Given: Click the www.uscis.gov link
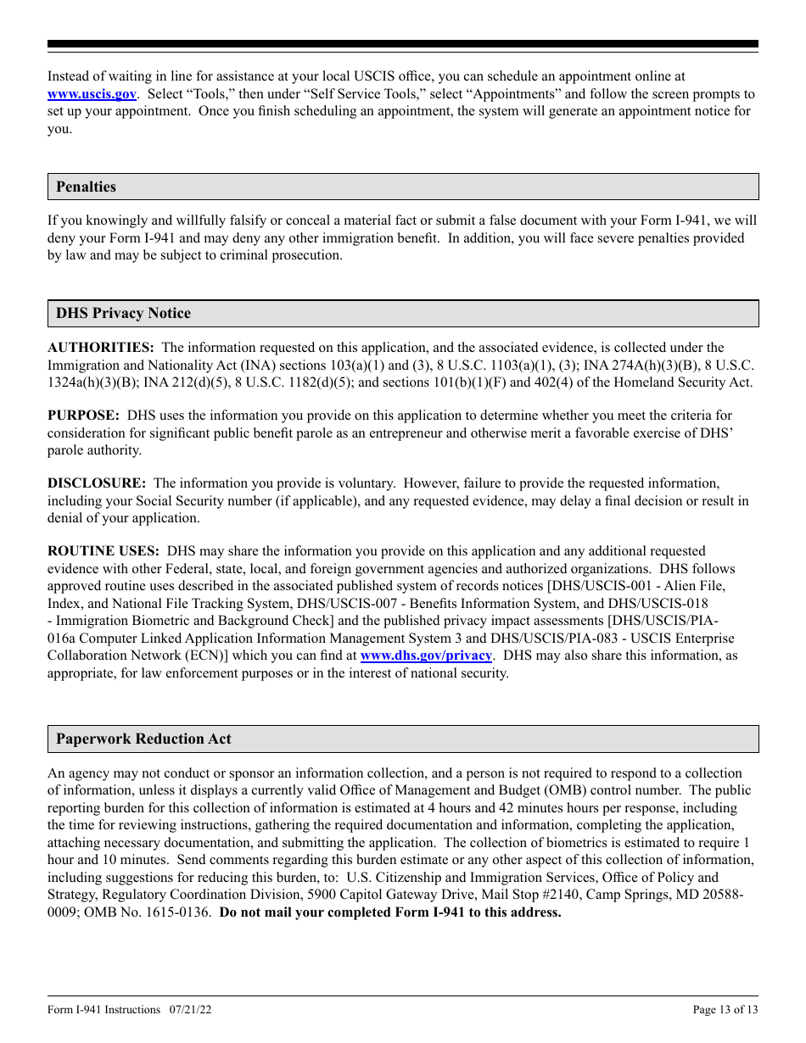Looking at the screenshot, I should pyautogui.click(x=92, y=94).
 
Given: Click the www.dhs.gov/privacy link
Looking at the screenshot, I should pyautogui.click(x=426, y=655).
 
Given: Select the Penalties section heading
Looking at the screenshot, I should pyautogui.click(x=86, y=187).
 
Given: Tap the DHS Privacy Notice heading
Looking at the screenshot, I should pyautogui.click(x=123, y=313).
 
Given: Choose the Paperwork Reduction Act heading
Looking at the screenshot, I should pyautogui.click(x=143, y=739).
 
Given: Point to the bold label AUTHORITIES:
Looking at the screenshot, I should pyautogui.click(x=100, y=348).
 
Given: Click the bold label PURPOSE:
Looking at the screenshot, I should pyautogui.click(x=83, y=416).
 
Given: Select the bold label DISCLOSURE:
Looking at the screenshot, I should pyautogui.click(x=97, y=483).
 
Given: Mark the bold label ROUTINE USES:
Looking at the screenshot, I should pyautogui.click(x=103, y=551).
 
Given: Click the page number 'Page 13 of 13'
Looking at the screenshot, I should pyautogui.click(x=725, y=1009).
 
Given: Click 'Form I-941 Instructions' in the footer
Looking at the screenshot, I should pyautogui.click(x=104, y=1009).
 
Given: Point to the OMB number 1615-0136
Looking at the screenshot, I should pyautogui.click(x=179, y=912).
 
